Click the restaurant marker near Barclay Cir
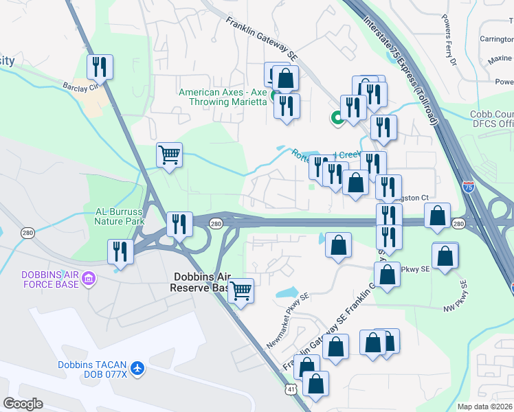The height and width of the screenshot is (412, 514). pos(100,67)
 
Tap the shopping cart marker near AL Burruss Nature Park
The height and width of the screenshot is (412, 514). pos(169,154)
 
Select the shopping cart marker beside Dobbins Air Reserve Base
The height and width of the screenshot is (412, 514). pos(241,290)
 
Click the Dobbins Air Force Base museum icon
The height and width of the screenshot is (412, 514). pos(89,279)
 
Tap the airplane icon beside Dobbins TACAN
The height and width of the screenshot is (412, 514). pos(137,368)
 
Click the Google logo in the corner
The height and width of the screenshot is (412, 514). pos(23,404)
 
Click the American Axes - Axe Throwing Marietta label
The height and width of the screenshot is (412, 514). pos(223,97)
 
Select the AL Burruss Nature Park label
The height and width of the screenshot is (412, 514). pos(114,217)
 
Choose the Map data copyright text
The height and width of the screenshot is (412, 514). pos(485,407)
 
